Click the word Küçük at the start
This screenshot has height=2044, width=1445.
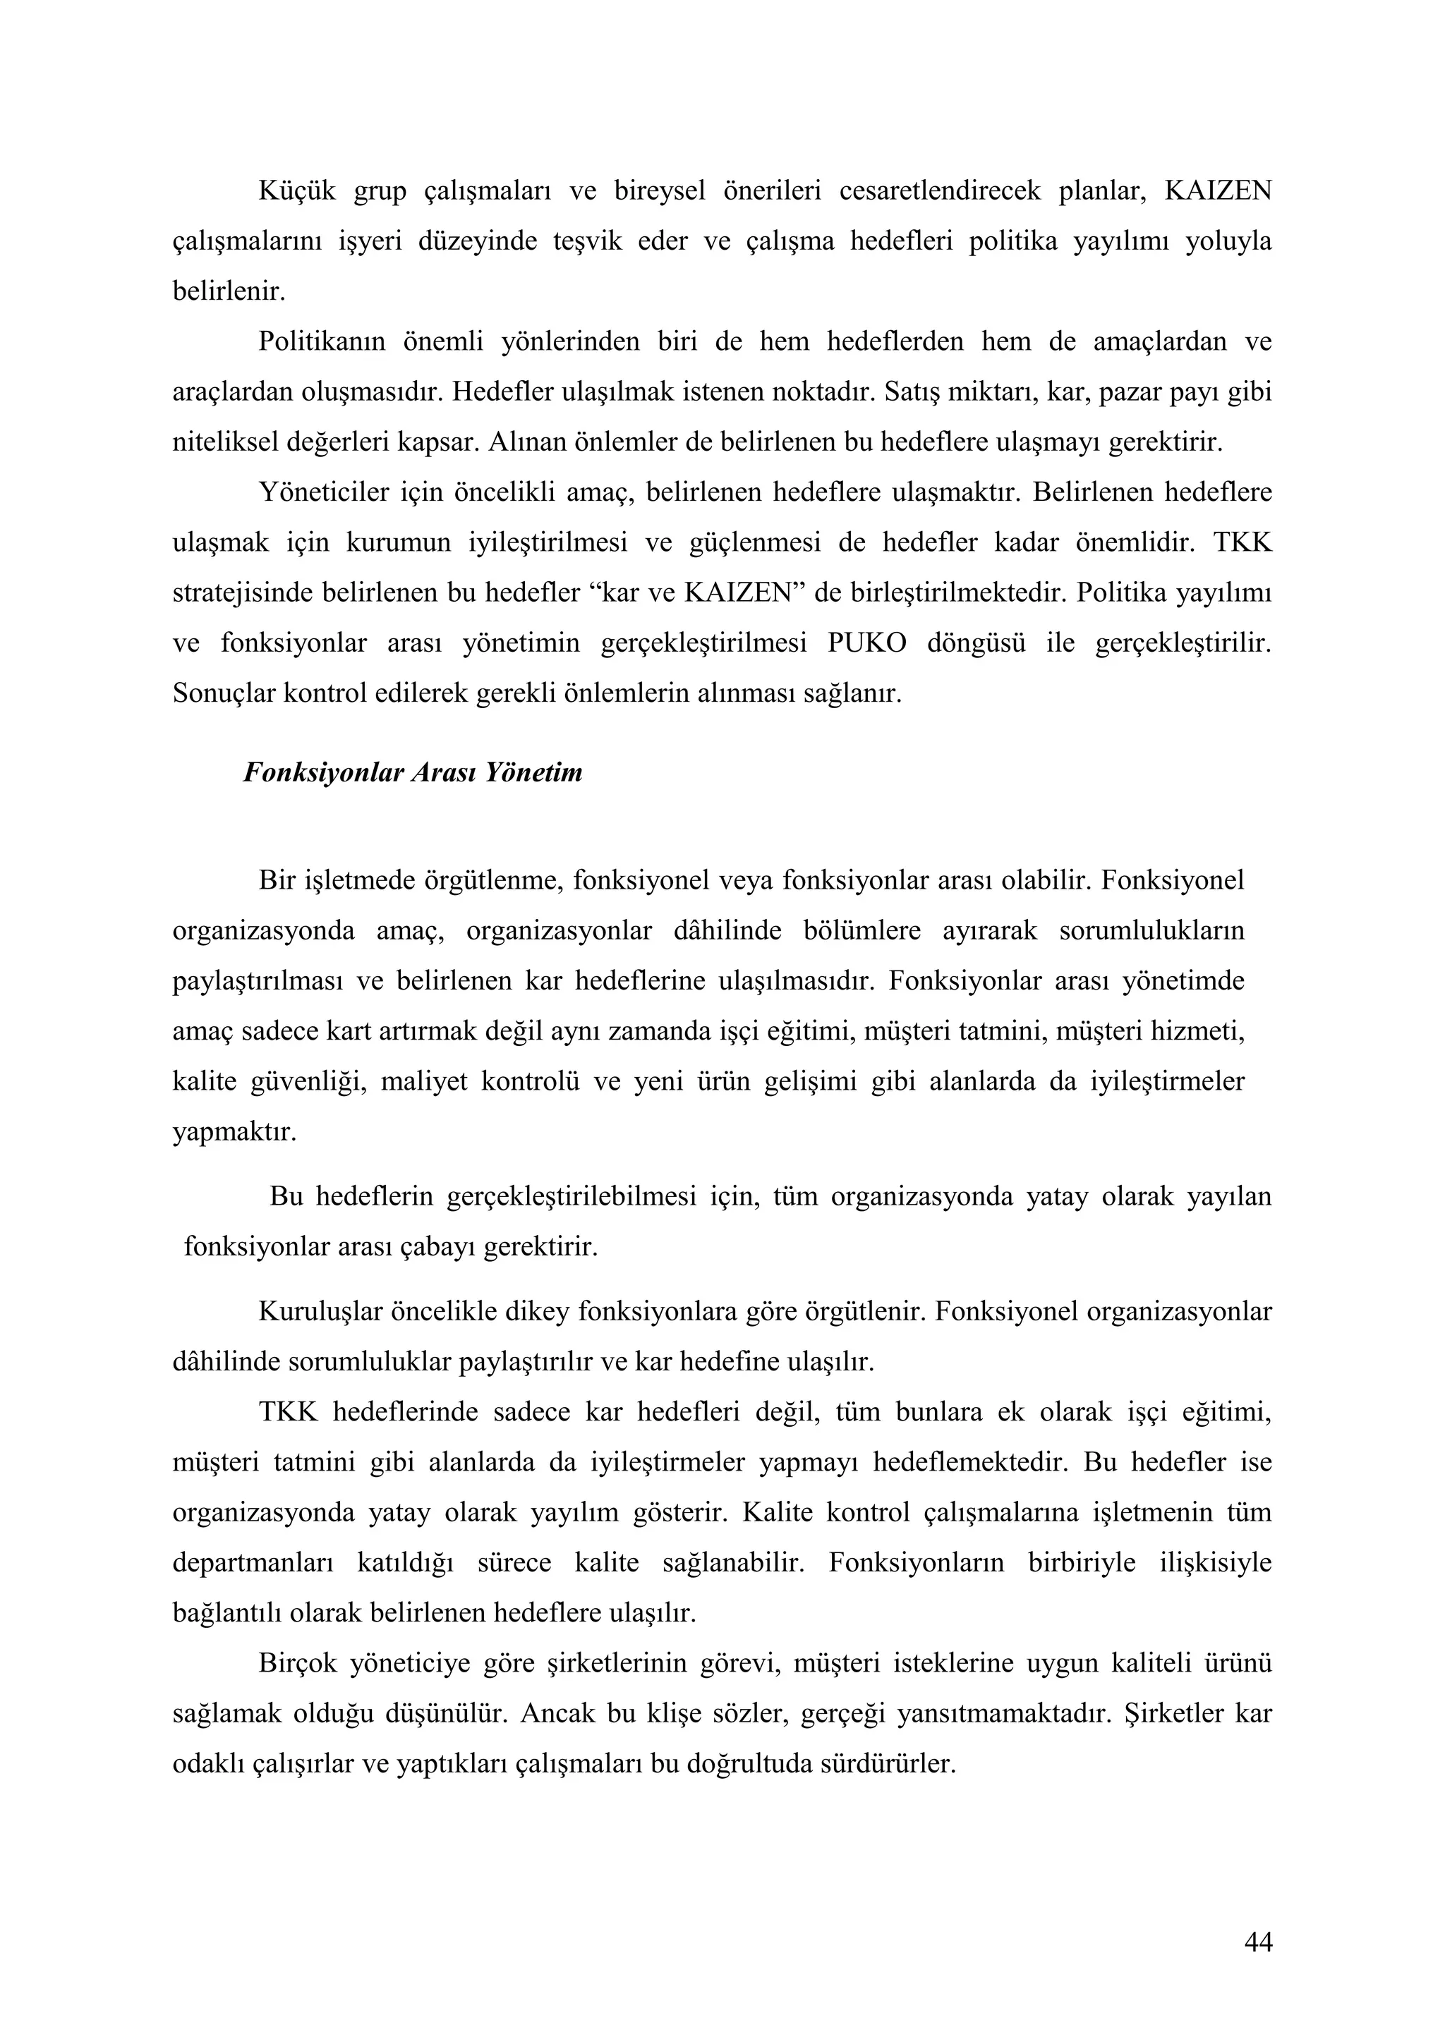point(296,190)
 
